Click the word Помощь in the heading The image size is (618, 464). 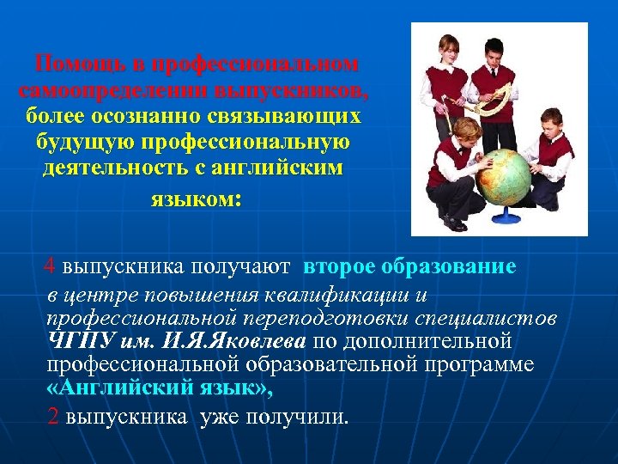click(76, 64)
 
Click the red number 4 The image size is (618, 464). click(51, 266)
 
